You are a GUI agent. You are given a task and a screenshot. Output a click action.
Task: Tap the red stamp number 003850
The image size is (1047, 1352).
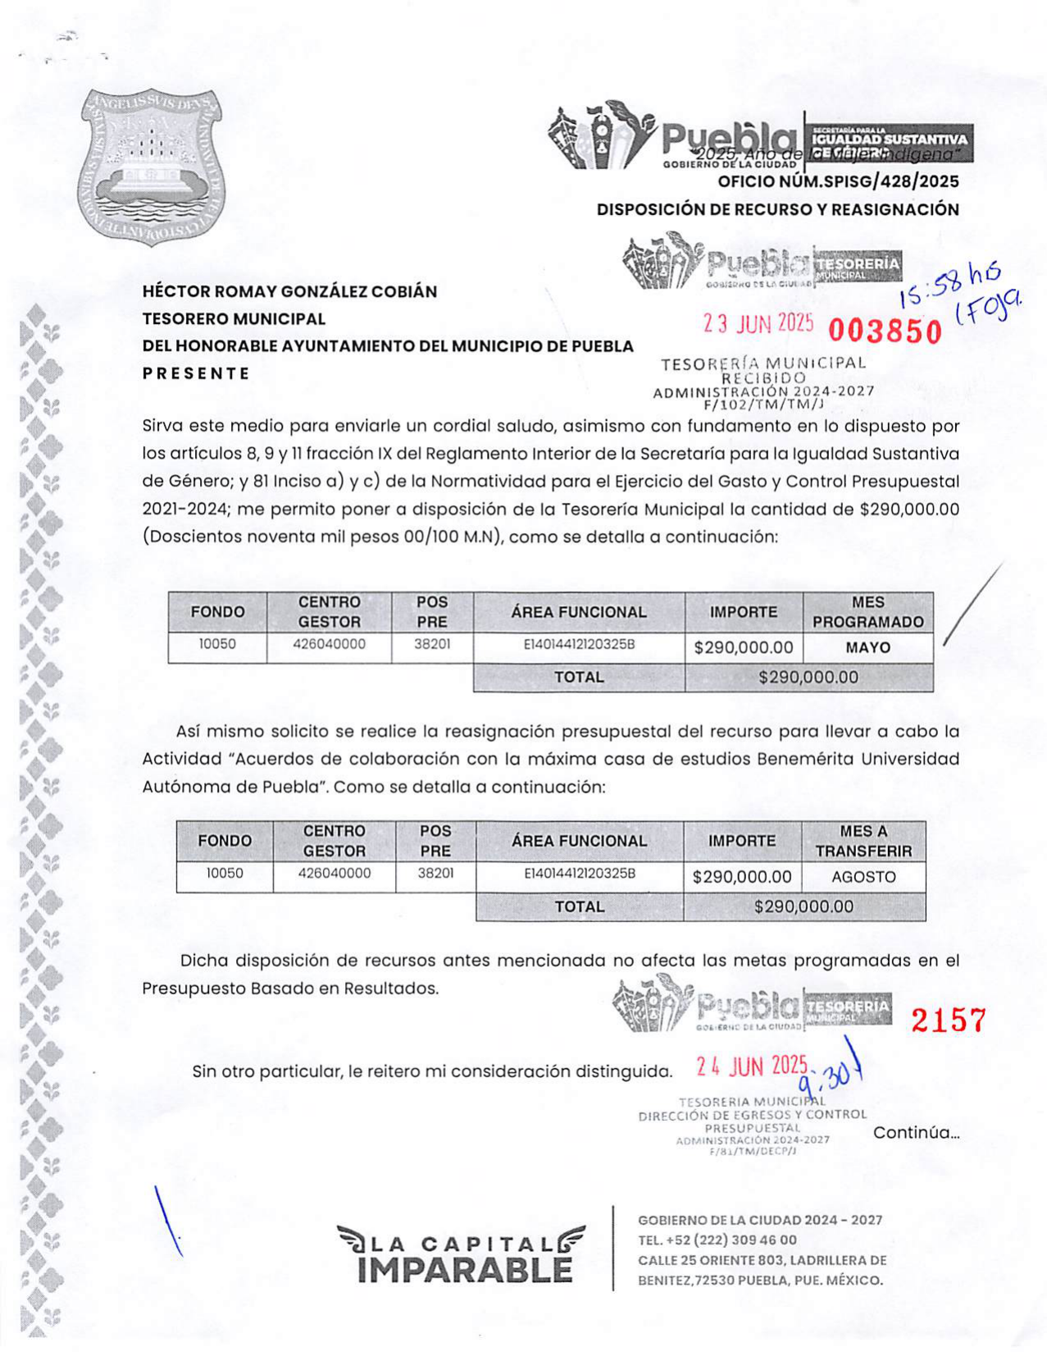(x=885, y=331)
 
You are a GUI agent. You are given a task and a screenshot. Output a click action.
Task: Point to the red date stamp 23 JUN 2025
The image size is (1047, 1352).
(x=758, y=324)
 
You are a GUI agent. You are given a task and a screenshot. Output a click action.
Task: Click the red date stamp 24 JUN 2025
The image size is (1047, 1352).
(x=752, y=1066)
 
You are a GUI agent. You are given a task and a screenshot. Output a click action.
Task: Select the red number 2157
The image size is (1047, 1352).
(x=948, y=1020)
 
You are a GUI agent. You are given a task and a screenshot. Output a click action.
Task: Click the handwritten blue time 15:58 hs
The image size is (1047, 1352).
(x=949, y=284)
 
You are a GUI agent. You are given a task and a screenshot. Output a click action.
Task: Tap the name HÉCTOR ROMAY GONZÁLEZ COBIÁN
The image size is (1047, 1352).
(x=289, y=291)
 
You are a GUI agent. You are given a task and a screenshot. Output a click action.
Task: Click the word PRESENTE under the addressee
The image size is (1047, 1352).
(x=196, y=373)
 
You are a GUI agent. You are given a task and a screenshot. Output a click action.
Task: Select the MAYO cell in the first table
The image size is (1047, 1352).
(x=867, y=647)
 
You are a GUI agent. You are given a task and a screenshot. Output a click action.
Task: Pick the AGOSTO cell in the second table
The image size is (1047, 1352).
(x=863, y=876)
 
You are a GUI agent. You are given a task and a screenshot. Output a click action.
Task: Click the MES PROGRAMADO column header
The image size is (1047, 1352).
(x=867, y=612)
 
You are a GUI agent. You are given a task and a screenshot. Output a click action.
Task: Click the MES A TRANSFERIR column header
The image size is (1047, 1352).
(x=863, y=841)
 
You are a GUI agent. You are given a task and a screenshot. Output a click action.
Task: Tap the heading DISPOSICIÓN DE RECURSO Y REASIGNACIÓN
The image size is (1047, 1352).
(x=777, y=209)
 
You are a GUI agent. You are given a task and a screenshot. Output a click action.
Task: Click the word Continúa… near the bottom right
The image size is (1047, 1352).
(x=916, y=1133)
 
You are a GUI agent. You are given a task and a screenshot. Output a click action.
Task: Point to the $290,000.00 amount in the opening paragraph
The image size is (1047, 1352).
(x=909, y=509)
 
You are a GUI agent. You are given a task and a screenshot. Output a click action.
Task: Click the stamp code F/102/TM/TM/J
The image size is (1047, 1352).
(x=762, y=404)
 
